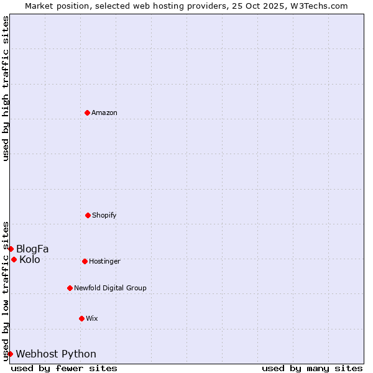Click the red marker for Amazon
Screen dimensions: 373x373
click(87, 113)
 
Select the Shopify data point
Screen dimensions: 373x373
click(88, 215)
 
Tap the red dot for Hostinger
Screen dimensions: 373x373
click(85, 261)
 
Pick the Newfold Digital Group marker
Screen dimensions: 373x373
click(70, 288)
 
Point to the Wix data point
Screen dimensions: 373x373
click(81, 318)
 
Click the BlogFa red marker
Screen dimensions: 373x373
click(11, 249)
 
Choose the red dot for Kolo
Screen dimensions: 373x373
click(14, 259)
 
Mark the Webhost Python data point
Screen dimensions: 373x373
click(10, 354)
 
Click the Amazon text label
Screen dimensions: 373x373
click(104, 113)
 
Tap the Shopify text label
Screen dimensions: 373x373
click(104, 215)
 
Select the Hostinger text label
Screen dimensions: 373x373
click(104, 261)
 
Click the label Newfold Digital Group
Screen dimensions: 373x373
click(110, 288)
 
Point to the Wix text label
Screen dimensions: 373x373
click(92, 318)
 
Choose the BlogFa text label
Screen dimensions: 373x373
click(32, 249)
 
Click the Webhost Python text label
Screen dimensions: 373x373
click(56, 354)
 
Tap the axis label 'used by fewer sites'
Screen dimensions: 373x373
click(64, 369)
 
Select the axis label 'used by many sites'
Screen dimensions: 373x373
click(312, 369)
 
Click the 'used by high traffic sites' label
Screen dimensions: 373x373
click(6, 88)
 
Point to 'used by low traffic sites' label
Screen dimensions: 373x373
click(6, 291)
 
